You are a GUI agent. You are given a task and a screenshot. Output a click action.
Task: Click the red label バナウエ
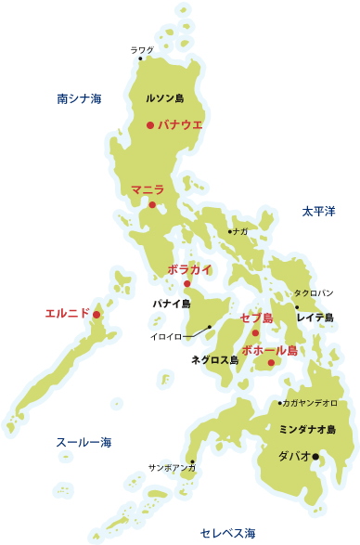point(180,123)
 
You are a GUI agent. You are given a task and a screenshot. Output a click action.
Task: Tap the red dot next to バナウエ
point(150,124)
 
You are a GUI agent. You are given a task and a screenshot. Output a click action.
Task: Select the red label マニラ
point(148,189)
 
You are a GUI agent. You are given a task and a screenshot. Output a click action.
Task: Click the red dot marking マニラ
point(153,204)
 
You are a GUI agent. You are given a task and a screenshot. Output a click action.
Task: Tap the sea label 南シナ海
point(78,97)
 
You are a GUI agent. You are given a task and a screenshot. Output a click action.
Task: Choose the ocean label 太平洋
point(317,212)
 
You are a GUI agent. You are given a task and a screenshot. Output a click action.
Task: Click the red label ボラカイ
point(189,269)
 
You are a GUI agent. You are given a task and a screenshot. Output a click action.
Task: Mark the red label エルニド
point(67,314)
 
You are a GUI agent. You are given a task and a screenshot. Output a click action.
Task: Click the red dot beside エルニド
point(96,315)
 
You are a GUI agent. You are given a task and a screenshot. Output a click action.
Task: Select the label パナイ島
point(172,304)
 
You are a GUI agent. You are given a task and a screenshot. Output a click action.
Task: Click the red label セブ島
point(256,318)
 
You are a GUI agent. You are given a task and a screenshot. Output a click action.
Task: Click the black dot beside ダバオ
point(315,456)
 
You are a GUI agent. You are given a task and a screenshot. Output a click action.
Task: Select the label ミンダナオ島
point(306,430)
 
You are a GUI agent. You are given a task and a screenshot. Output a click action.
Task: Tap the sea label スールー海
point(84,442)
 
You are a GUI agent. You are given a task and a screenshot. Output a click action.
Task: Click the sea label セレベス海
point(227,532)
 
